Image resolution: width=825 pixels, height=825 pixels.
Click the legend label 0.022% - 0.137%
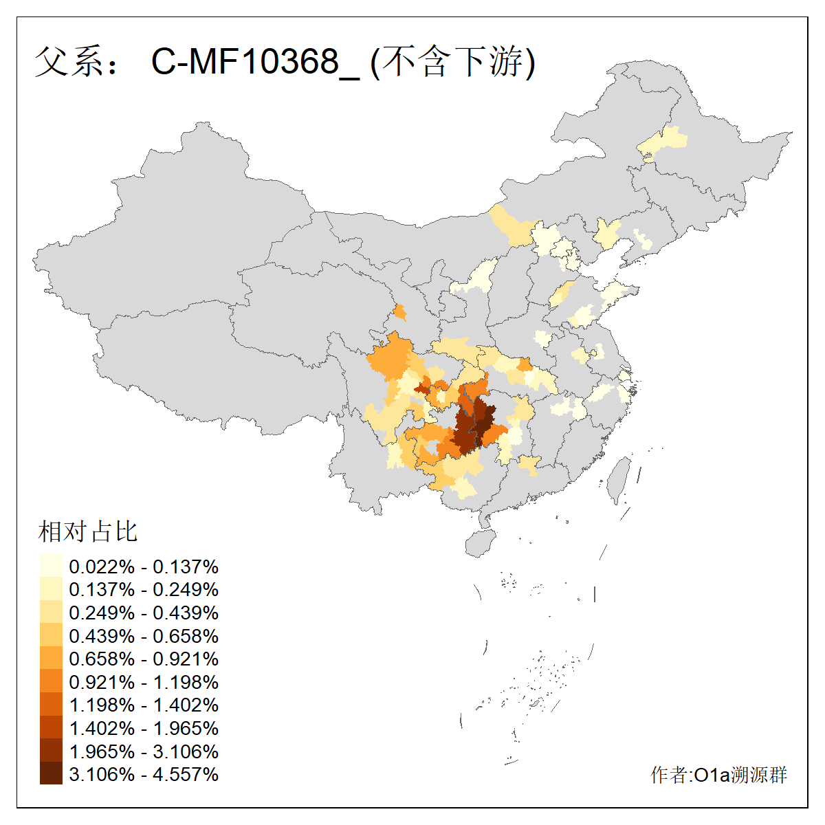click(x=144, y=566)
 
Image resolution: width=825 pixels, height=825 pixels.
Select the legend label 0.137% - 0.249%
click(x=144, y=589)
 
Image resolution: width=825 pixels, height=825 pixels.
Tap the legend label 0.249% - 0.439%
click(x=144, y=613)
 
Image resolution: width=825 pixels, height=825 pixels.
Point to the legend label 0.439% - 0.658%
click(x=144, y=636)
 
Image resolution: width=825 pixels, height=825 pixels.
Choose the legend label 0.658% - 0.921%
click(x=144, y=659)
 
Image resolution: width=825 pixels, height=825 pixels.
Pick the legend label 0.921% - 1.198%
click(x=144, y=682)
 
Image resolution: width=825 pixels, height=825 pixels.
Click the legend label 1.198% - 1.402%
click(x=144, y=705)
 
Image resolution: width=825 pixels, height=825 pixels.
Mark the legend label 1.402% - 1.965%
click(x=144, y=728)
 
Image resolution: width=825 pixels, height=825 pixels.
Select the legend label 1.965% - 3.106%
click(x=144, y=751)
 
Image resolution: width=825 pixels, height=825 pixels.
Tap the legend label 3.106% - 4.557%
click(x=144, y=774)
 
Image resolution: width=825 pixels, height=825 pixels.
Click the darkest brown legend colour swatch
click(x=51, y=774)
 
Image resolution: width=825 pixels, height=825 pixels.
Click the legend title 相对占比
click(x=88, y=531)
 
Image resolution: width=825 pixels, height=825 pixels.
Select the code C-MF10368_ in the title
click(x=255, y=62)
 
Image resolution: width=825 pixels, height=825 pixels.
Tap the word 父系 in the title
click(x=67, y=62)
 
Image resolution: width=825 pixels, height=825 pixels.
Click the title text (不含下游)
click(x=452, y=62)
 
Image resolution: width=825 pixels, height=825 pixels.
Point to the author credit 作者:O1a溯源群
click(x=718, y=775)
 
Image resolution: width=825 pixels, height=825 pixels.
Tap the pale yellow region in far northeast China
click(x=663, y=141)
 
